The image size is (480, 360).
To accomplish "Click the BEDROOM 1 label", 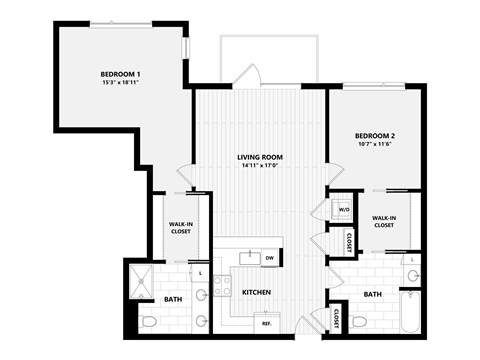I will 119,74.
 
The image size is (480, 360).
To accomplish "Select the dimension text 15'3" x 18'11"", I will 119,84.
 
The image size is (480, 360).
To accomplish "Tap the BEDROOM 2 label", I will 376,135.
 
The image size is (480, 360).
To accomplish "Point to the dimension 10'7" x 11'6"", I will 376,145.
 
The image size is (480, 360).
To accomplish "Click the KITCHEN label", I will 257,293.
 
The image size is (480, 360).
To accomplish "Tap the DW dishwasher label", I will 269,258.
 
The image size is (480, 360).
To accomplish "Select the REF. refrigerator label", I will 267,323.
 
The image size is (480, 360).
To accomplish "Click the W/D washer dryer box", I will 343,210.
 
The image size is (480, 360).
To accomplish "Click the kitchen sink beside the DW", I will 248,259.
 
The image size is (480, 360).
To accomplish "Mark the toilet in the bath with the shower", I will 148,321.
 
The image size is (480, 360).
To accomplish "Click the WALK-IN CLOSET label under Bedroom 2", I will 384,222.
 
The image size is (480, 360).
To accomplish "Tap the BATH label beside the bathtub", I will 371,294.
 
